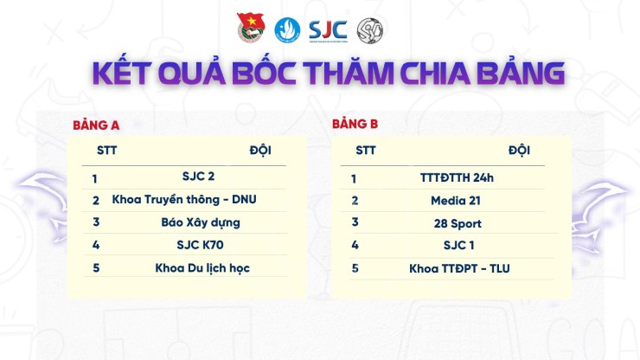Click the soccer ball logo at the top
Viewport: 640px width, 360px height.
[371, 29]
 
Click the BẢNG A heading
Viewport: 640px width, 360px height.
[95, 125]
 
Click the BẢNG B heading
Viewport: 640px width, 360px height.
[355, 124]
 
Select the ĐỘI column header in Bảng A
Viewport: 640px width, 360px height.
[259, 150]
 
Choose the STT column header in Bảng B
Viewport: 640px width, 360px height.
[365, 150]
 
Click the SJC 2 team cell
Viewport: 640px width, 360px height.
[198, 177]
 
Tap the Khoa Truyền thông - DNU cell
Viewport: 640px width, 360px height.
[184, 199]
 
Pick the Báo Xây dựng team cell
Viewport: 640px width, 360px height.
[201, 222]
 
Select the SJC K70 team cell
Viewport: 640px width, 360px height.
[200, 244]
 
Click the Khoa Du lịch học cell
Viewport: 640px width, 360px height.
[202, 267]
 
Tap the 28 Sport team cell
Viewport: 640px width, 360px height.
[457, 223]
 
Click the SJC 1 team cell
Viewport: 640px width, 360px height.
[459, 245]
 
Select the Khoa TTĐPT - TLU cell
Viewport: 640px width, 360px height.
[459, 268]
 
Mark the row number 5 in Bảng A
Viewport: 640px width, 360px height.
[96, 267]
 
